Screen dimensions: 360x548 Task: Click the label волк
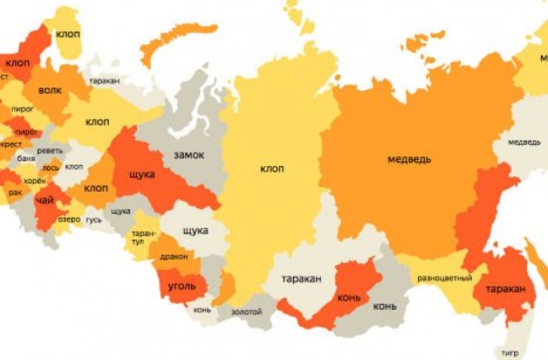coord(49,90)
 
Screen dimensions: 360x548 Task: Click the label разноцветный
coord(445,278)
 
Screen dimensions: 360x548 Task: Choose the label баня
coord(26,159)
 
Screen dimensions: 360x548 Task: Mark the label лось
coord(50,167)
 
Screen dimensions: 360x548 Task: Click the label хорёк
coord(34,182)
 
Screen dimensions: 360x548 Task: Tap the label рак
coord(15,192)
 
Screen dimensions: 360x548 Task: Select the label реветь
coord(49,150)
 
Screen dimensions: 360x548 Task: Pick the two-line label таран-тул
coord(143,237)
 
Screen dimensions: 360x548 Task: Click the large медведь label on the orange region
coord(409,160)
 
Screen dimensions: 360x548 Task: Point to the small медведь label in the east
coord(524,142)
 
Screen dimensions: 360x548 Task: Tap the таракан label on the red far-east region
coord(505,289)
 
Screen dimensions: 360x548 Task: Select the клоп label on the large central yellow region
coord(272,169)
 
